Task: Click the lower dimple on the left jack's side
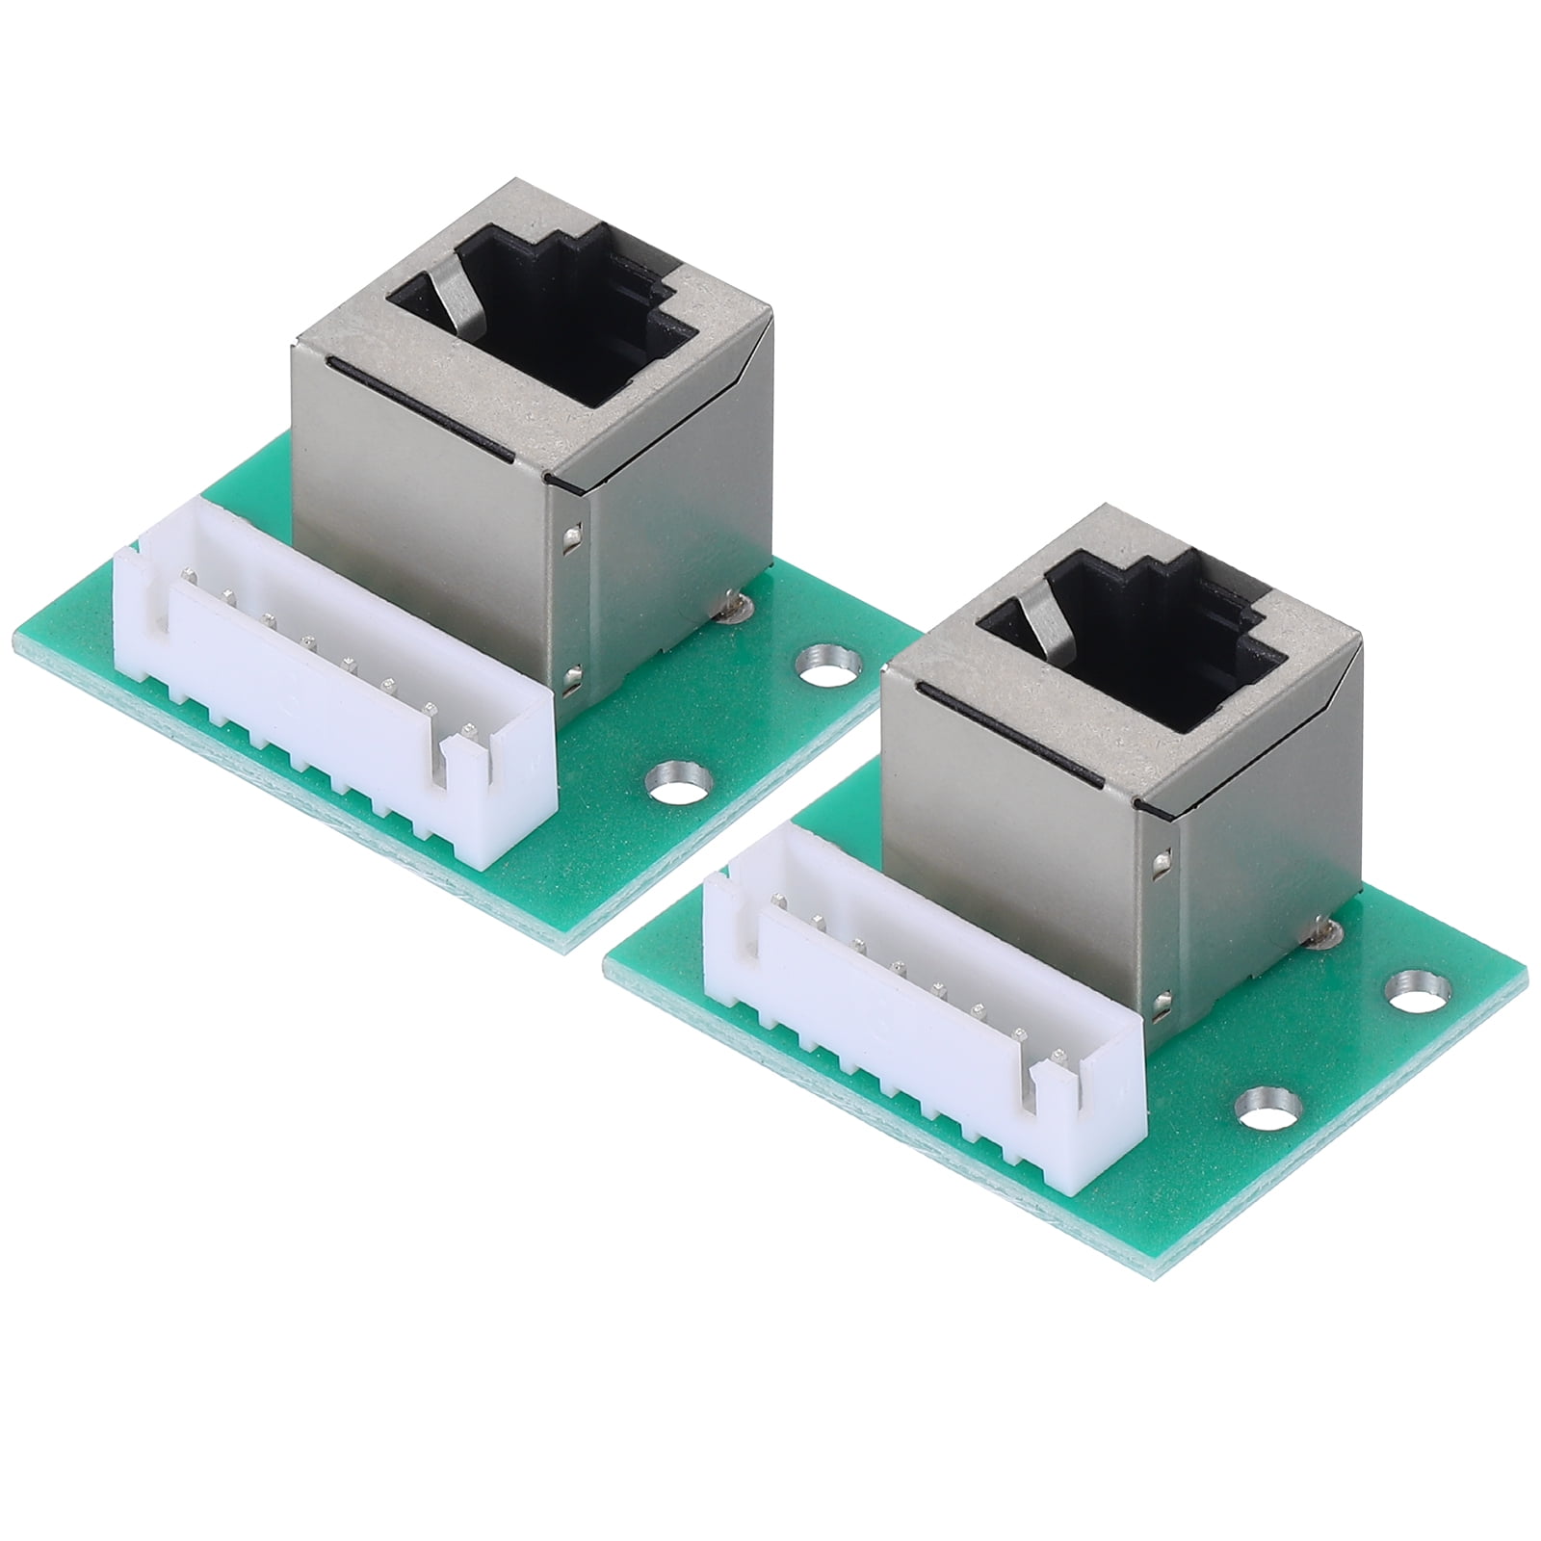tap(575, 679)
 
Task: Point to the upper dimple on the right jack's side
tap(1165, 857)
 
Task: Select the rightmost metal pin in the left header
tap(469, 729)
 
